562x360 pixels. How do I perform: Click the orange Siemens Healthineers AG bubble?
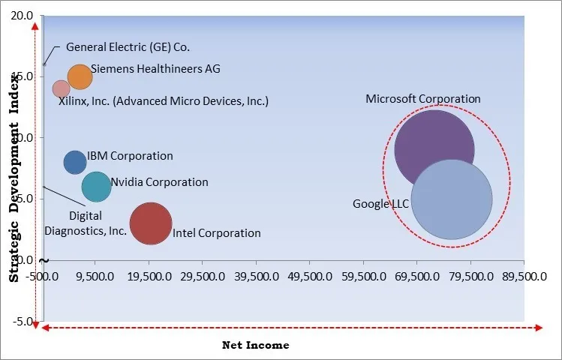80,76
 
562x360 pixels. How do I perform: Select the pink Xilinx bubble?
62,89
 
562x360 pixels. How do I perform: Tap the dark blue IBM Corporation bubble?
75,162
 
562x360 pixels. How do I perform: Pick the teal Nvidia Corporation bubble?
96,186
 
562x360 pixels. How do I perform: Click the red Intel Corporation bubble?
151,223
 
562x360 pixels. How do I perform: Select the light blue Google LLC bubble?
452,200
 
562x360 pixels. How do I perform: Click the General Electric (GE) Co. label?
128,46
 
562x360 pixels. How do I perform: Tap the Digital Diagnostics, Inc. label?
86,223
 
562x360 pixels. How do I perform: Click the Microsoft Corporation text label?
423,98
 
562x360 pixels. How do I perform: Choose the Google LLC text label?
380,204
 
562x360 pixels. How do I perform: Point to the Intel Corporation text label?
217,233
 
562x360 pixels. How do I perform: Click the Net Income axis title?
255,345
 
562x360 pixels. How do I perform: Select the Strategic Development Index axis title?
14,177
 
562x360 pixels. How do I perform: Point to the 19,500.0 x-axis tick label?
150,276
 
